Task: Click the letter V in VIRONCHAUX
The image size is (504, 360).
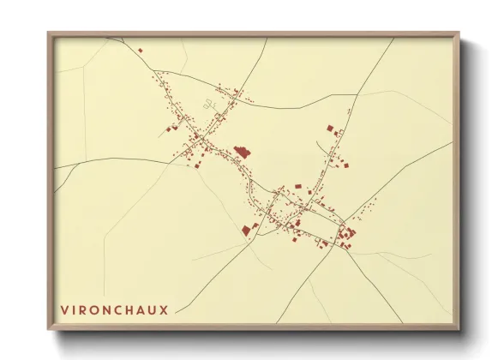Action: tap(65, 308)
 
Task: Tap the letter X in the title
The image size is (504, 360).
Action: tap(164, 308)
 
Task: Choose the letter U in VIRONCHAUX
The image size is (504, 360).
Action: tap(153, 308)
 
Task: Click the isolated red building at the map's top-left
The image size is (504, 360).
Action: tap(141, 50)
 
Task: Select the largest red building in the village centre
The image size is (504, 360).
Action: tap(242, 152)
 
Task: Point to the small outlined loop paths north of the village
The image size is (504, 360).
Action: tap(208, 105)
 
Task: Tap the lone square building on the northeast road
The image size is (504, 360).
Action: tap(329, 128)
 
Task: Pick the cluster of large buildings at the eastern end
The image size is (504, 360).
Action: tap(348, 233)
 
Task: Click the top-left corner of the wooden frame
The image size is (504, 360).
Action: tap(49, 33)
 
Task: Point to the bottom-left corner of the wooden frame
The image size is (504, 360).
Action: tap(49, 329)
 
